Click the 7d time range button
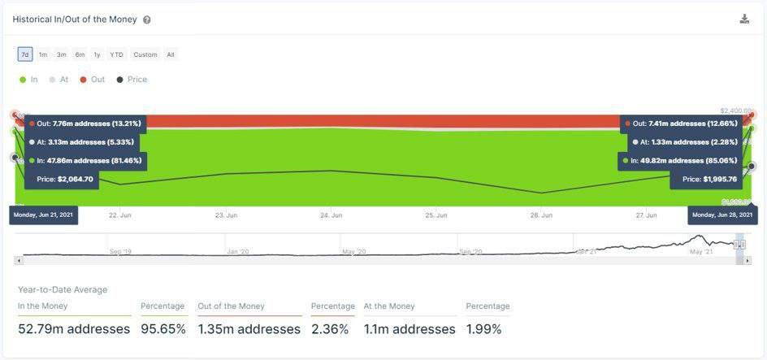[25, 54]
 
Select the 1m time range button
[43, 54]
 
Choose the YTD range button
[116, 54]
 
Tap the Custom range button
[145, 54]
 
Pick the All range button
[171, 54]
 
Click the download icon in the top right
[744, 19]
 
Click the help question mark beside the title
[146, 20]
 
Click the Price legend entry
[132, 80]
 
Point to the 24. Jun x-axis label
[331, 215]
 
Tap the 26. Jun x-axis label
[541, 215]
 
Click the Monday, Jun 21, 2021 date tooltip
[43, 215]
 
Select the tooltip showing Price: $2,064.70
[62, 179]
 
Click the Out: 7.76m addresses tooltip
[85, 124]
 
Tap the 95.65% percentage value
[163, 329]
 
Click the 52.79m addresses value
[74, 329]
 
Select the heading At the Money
[389, 306]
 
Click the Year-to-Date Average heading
[63, 289]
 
